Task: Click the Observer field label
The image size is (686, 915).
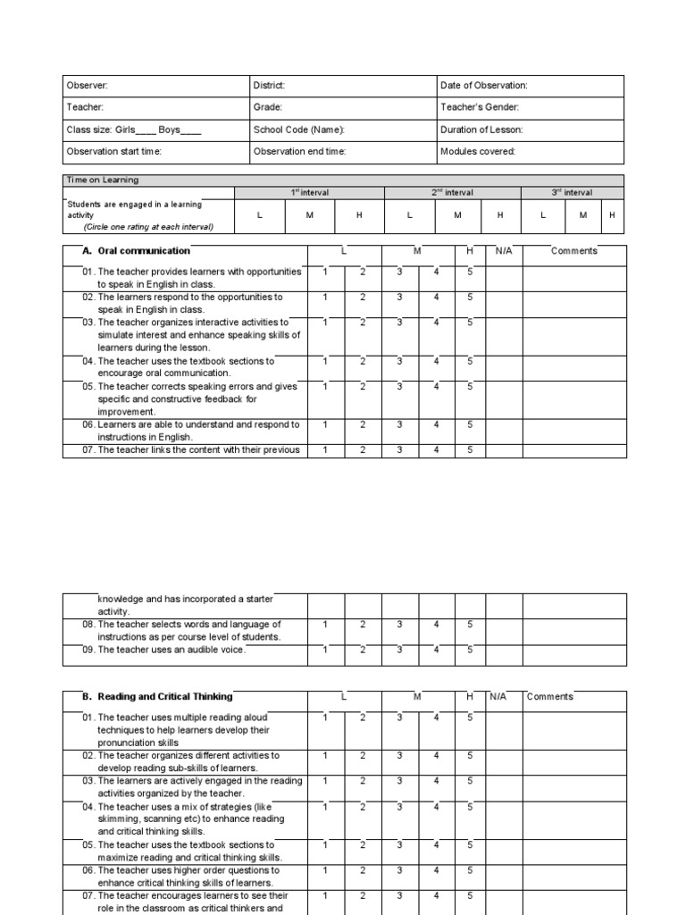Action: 87,86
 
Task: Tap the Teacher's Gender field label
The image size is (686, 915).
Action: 480,107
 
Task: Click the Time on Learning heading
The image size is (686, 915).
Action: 96,180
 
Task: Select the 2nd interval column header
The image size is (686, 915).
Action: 452,192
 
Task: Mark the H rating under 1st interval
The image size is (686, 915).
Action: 359,215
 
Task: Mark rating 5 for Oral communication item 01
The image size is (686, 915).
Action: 470,272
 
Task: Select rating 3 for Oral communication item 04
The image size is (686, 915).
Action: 399,361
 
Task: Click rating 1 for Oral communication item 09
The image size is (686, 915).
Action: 325,650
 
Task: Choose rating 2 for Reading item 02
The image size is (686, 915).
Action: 363,756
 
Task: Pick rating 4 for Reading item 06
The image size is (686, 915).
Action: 436,870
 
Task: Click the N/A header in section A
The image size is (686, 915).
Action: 504,251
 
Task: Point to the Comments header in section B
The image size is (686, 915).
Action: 550,697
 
